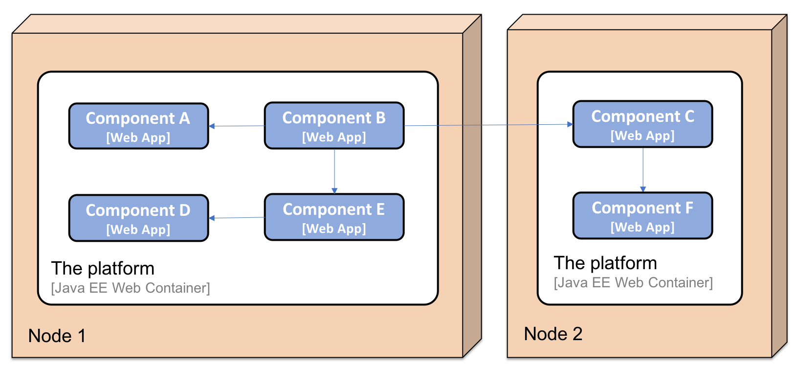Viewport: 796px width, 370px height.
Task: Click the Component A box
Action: pos(138,126)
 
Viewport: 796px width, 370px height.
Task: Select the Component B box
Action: pos(334,125)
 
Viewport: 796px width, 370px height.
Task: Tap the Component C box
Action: pos(642,124)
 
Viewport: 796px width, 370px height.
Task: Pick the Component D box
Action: pos(138,218)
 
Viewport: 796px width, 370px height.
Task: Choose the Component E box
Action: pos(334,217)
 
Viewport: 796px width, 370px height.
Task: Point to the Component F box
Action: pos(642,215)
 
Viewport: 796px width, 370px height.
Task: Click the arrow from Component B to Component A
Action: pos(237,126)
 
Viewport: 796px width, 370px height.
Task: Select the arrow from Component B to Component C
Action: pos(488,125)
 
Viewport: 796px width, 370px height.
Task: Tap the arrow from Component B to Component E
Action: pos(334,171)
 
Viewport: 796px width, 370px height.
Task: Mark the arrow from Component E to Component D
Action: pos(237,218)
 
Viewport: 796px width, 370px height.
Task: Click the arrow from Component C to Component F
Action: pos(643,170)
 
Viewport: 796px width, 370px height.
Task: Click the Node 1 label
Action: pos(57,336)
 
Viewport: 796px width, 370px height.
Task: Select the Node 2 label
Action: pos(553,334)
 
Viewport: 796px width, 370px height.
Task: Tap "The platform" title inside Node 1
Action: pos(103,269)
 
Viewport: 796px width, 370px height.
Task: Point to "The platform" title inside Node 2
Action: pos(605,263)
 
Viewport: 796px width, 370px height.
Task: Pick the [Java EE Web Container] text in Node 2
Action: pos(633,283)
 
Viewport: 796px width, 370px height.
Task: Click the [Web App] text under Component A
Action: pos(138,138)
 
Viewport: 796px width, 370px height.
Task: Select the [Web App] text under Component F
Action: pos(642,227)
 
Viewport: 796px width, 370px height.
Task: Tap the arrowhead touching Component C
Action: pos(570,124)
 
